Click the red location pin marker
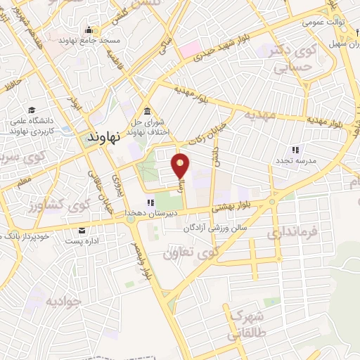pos(181,166)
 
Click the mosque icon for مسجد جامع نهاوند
pos(89,30)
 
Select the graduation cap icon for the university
pos(32,110)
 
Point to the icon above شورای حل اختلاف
pos(146,111)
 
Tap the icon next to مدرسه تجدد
pos(295,150)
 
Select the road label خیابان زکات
pos(198,128)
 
